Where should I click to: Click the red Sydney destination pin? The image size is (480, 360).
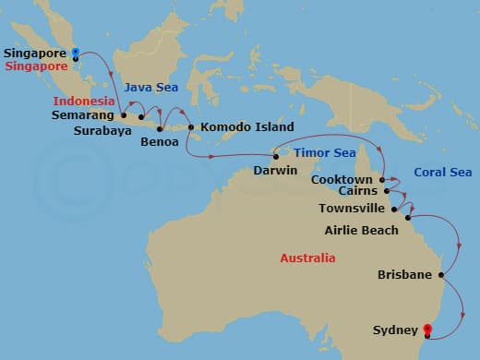(x=426, y=328)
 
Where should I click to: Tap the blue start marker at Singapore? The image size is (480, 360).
(x=75, y=53)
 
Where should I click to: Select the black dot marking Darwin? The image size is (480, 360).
(x=275, y=156)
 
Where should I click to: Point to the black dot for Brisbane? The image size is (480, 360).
(x=441, y=274)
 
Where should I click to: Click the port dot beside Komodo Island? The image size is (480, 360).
(x=191, y=127)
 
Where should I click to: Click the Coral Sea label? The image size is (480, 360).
(x=442, y=173)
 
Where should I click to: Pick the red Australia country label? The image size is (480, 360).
(x=307, y=258)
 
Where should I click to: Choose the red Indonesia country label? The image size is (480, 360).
(x=84, y=101)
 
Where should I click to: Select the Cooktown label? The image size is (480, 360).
(x=342, y=179)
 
